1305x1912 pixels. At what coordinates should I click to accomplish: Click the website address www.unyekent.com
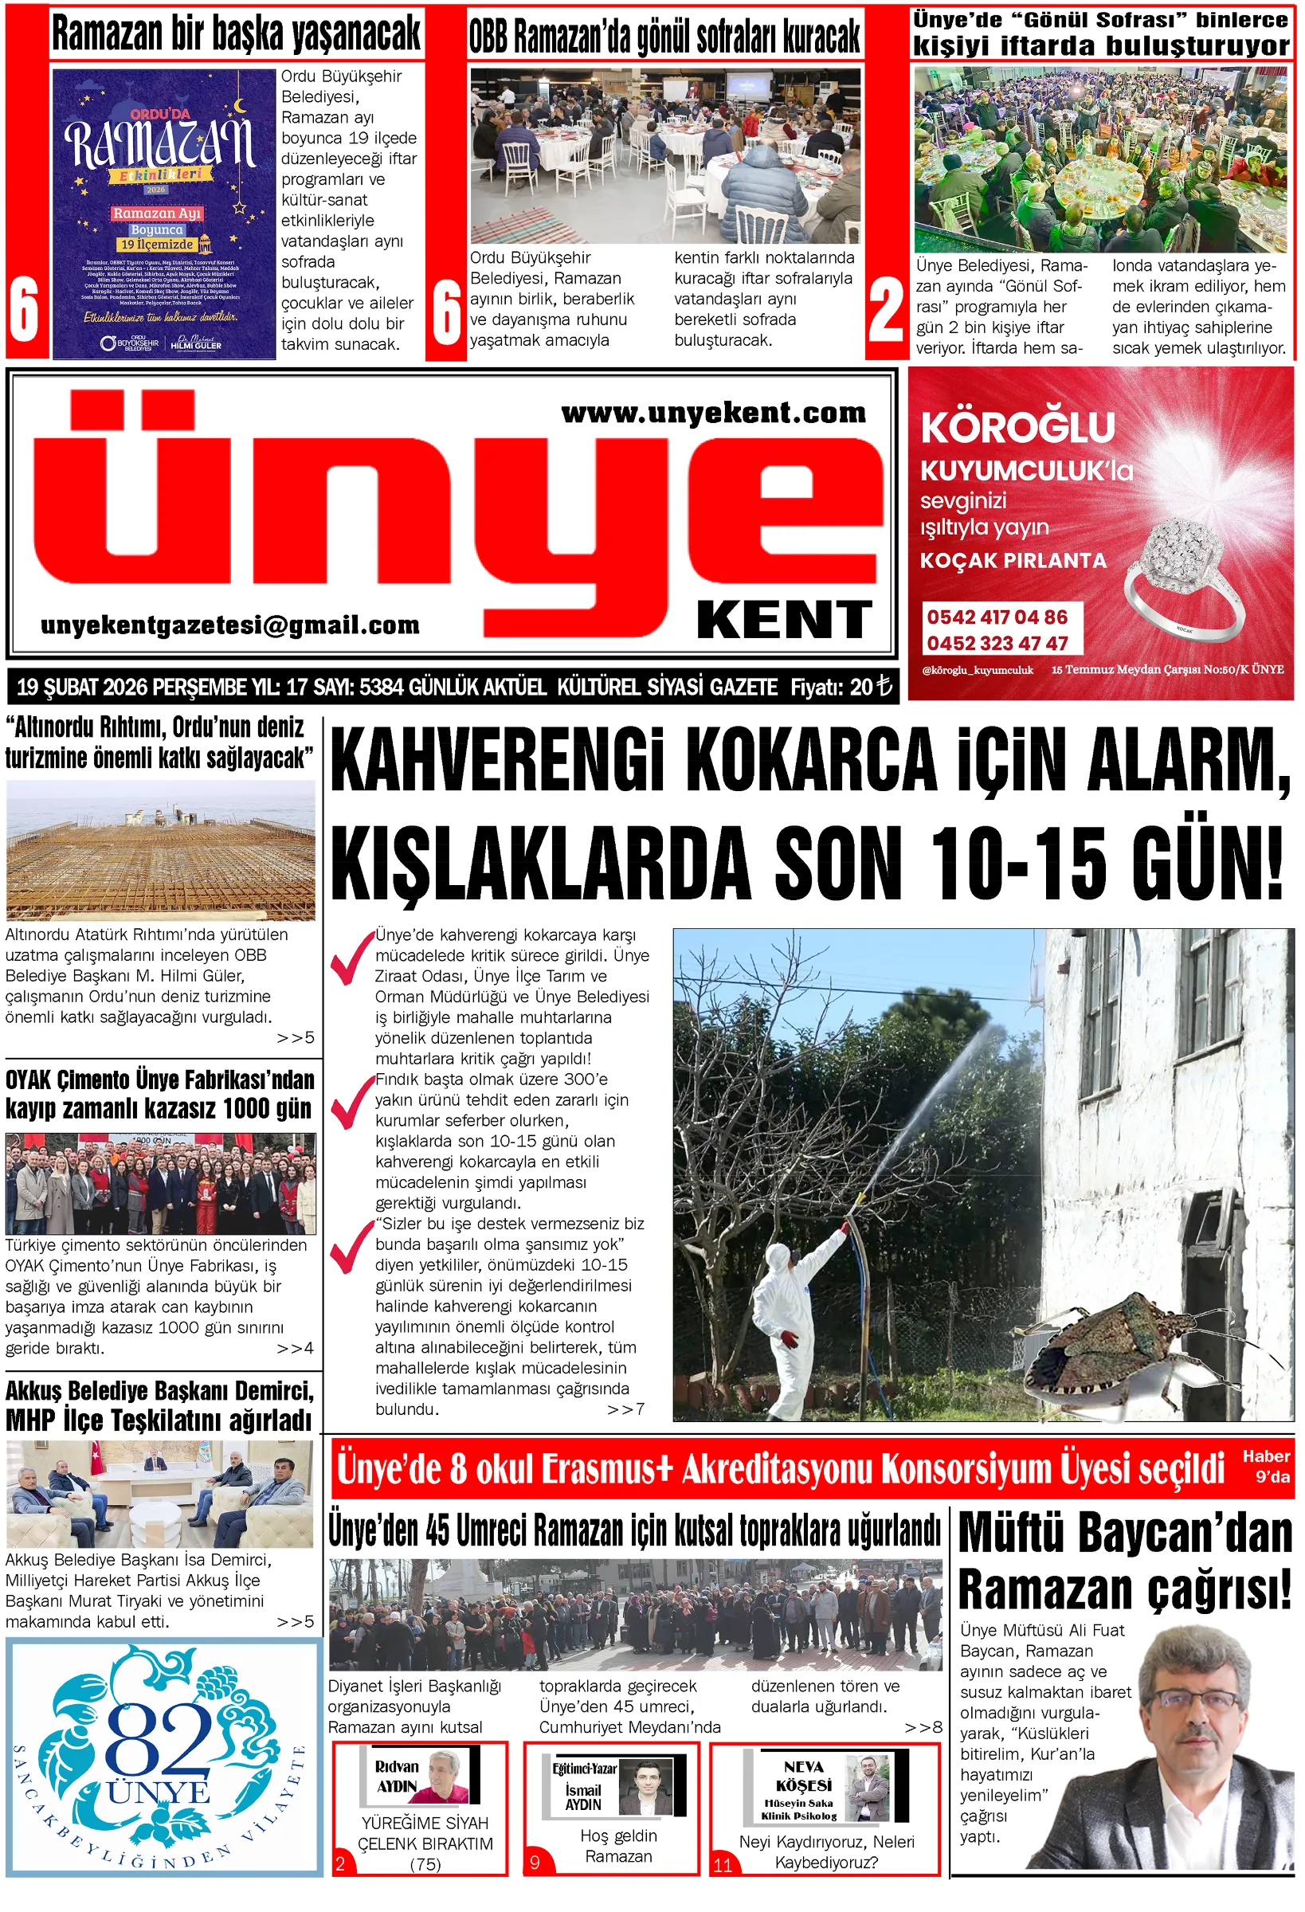pyautogui.click(x=713, y=412)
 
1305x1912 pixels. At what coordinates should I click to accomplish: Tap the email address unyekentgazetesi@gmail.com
pyautogui.click(x=230, y=625)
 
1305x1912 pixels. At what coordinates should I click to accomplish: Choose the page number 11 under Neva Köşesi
pyautogui.click(x=723, y=1864)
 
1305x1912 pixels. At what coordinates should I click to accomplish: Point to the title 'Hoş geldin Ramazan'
pyautogui.click(x=618, y=1845)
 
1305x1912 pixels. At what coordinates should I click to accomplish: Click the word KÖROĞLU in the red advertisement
pyautogui.click(x=1018, y=427)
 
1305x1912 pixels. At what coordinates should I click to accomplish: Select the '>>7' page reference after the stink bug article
pyautogui.click(x=625, y=1409)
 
